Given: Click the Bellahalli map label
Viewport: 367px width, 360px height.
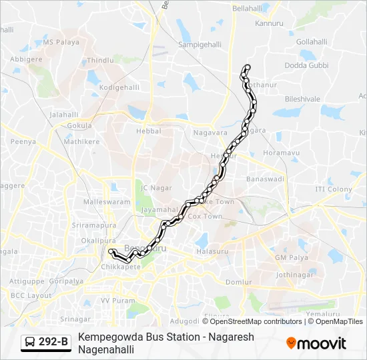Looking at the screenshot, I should click(248, 9).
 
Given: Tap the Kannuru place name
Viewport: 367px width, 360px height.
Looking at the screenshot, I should click(270, 23).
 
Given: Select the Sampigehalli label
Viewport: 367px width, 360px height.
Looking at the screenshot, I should click(200, 44).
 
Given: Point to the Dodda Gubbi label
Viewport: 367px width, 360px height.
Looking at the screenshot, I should click(307, 65).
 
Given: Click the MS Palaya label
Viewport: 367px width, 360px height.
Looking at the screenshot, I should click(61, 42).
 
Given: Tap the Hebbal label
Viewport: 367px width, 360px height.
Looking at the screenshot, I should click(149, 131).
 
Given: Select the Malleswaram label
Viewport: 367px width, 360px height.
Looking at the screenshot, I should click(107, 201).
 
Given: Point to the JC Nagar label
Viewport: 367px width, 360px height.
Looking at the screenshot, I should click(157, 188).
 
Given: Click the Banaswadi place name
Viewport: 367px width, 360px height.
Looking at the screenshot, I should click(266, 179).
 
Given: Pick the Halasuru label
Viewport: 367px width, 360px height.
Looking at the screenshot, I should click(212, 251).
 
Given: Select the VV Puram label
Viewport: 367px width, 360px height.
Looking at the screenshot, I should click(114, 301).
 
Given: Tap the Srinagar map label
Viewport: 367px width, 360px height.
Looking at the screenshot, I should click(75, 319).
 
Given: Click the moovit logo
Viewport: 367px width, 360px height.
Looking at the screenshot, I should click(316, 343).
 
